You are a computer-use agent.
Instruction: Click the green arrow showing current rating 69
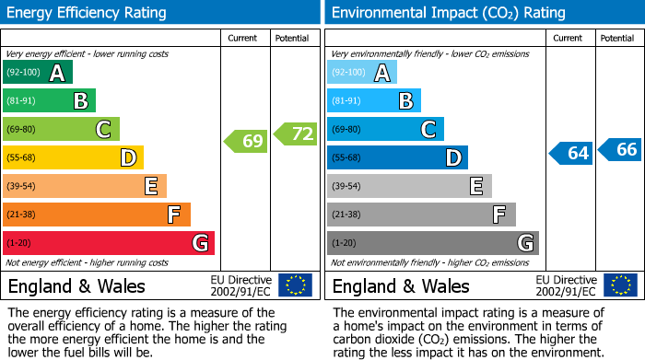click(x=246, y=141)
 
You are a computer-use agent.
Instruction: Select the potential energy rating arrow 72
click(x=295, y=134)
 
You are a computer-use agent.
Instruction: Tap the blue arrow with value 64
click(x=571, y=153)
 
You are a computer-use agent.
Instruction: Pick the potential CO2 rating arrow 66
click(x=620, y=149)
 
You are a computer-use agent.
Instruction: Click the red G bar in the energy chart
click(x=109, y=243)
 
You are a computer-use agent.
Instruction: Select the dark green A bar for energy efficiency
click(x=38, y=73)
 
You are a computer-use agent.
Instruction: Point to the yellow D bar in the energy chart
click(x=73, y=158)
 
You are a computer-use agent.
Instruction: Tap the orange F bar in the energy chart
click(x=97, y=215)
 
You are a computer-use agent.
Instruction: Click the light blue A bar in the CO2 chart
click(x=362, y=73)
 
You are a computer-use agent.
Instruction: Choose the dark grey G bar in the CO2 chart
click(x=432, y=243)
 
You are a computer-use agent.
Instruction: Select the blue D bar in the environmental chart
click(x=397, y=158)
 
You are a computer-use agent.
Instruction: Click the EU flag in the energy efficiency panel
click(x=295, y=285)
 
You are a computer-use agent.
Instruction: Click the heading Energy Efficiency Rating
click(x=88, y=13)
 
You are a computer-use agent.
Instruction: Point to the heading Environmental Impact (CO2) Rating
click(x=448, y=13)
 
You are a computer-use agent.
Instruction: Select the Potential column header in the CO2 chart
click(x=617, y=38)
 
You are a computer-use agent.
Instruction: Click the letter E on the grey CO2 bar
click(x=475, y=187)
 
